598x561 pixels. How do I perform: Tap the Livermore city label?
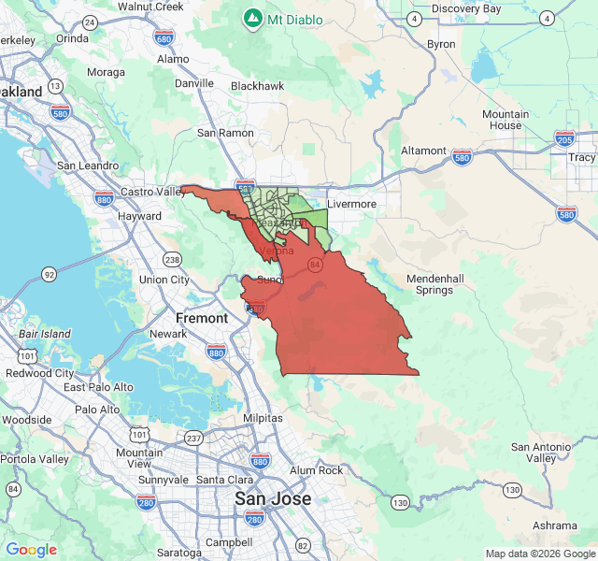[351, 204]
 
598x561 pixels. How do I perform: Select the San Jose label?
[272, 498]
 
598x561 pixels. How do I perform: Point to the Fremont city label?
[201, 318]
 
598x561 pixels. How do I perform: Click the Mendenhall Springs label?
[442, 284]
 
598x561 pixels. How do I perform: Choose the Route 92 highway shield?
[49, 274]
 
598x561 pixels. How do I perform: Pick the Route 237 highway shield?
[193, 439]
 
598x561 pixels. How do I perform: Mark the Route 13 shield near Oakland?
[56, 86]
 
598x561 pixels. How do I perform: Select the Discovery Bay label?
[466, 8]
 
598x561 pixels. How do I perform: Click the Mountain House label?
[505, 120]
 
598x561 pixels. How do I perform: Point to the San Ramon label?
[225, 133]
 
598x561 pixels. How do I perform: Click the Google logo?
[31, 550]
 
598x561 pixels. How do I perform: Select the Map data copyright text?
[539, 554]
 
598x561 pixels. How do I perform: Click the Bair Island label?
[45, 334]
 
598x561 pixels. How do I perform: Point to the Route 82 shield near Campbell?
[302, 545]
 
